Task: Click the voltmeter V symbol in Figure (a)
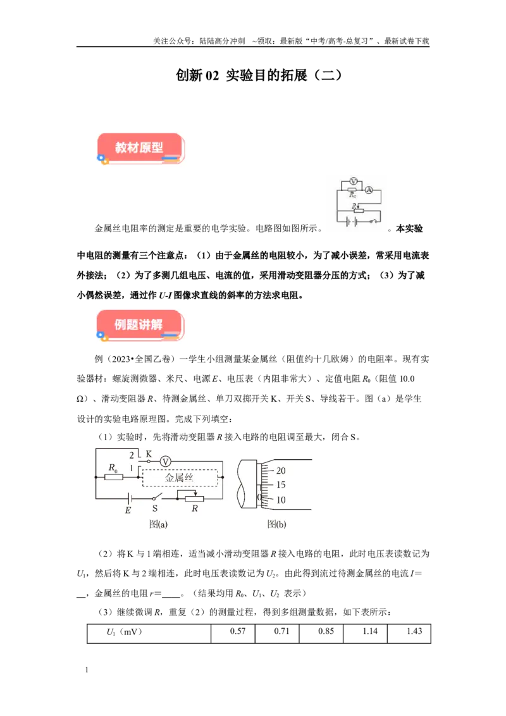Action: pos(166,462)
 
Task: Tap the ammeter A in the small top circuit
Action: pos(369,190)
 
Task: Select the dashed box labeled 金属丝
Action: pos(180,478)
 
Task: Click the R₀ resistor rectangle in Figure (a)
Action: pos(114,477)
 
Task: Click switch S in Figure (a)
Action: pos(157,497)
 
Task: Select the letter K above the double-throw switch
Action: pos(149,454)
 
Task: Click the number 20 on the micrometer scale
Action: pos(281,471)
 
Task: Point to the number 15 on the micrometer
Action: pos(281,485)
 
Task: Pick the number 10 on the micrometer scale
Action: pos(281,500)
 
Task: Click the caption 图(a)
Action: pos(159,524)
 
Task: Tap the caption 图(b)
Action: pos(277,524)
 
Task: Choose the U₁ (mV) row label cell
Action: pos(149,633)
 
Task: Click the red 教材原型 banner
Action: pos(140,148)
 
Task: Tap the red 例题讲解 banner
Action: pos(140,325)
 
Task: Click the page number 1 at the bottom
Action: pos(87,670)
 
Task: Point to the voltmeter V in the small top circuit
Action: pos(353,182)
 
